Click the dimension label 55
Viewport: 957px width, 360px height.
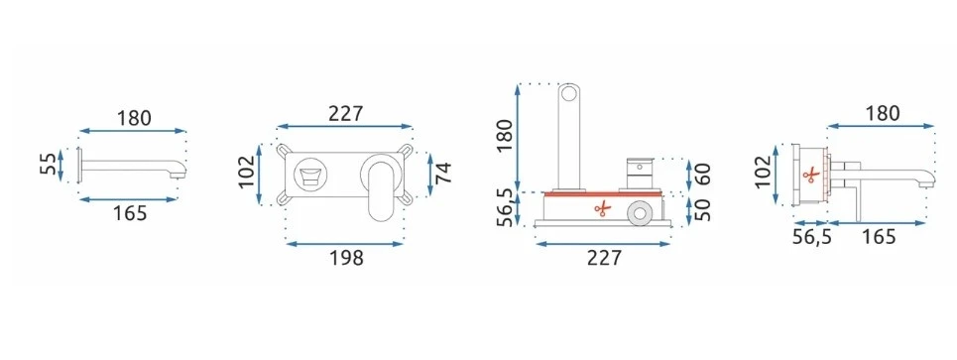(x=49, y=165)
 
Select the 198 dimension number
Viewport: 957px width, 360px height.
(x=346, y=258)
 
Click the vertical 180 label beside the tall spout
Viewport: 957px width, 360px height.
(x=506, y=136)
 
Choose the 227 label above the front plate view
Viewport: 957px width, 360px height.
(x=345, y=113)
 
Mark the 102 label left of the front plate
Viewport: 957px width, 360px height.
(x=248, y=173)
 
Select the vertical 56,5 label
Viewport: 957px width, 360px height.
(x=506, y=207)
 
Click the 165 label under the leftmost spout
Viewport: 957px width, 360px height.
(x=130, y=213)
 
